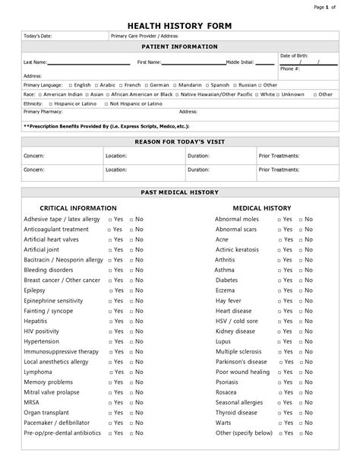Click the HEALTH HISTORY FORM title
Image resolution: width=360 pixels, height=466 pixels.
click(x=179, y=26)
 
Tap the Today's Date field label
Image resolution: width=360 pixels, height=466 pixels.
click(x=39, y=36)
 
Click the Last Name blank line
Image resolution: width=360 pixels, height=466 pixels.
click(x=81, y=62)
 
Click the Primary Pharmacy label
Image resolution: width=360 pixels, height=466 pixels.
click(x=43, y=111)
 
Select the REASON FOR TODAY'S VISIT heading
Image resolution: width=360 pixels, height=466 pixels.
click(x=180, y=142)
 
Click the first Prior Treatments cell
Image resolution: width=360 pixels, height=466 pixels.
click(x=297, y=155)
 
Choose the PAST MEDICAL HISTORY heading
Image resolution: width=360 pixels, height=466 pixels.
click(x=180, y=192)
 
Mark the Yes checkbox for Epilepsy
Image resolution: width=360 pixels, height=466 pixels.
click(x=110, y=290)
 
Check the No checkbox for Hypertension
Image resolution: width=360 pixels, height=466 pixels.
click(x=131, y=342)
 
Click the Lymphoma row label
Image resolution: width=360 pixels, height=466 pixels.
click(x=38, y=372)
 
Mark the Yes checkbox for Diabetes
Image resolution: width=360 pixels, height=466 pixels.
click(x=279, y=280)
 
